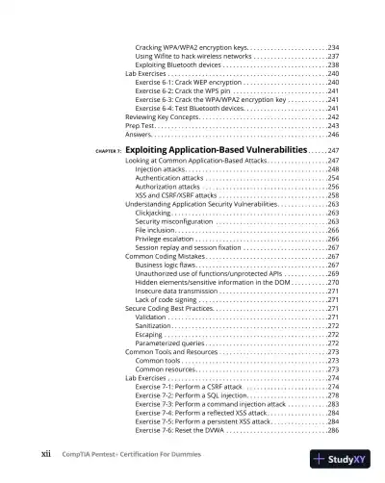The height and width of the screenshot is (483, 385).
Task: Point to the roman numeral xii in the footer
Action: tap(45, 457)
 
